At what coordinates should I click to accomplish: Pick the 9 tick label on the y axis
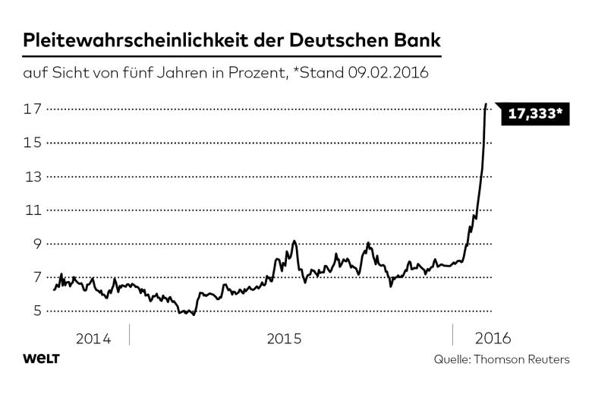click(x=35, y=244)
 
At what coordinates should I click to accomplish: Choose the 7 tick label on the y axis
click(x=35, y=277)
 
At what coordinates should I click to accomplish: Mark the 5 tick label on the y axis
click(x=35, y=311)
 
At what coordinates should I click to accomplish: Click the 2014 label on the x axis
click(x=93, y=338)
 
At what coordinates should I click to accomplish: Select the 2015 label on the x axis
click(x=285, y=338)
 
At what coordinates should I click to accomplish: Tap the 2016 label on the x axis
click(x=492, y=338)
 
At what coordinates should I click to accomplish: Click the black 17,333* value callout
click(x=535, y=115)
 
